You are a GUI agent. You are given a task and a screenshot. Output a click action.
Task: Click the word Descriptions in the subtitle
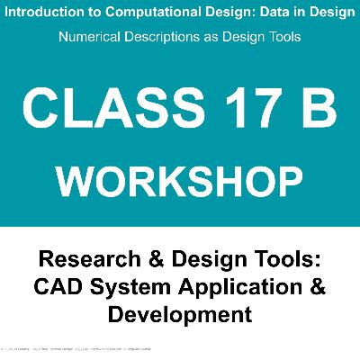click(170, 39)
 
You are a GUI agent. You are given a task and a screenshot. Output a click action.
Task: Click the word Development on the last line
click(180, 316)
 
